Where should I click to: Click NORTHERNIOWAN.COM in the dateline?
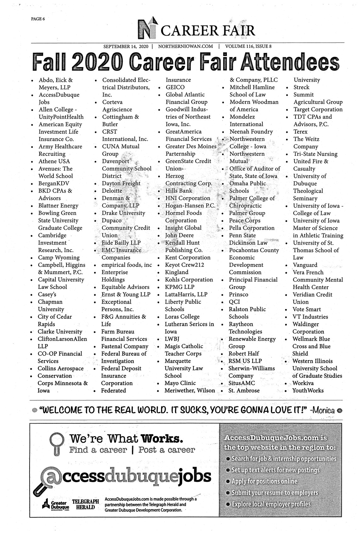(185, 47)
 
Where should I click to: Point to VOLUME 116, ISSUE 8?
(248, 47)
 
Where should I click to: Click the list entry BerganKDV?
(54, 183)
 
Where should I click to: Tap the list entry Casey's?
(47, 295)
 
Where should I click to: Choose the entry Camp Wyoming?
(59, 257)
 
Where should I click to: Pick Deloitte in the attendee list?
(112, 191)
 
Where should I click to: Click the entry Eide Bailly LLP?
(121, 243)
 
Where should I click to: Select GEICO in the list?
(175, 87)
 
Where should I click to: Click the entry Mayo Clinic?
(180, 383)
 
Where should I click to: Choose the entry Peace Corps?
(245, 221)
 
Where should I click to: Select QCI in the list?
(234, 302)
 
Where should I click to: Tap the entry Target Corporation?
(318, 110)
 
